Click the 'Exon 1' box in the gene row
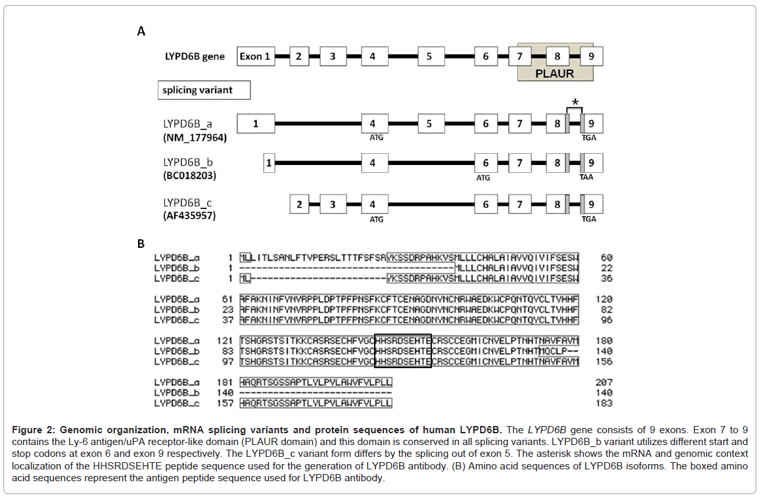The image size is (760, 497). pyautogui.click(x=255, y=57)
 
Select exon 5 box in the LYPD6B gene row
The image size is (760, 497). pyautogui.click(x=429, y=57)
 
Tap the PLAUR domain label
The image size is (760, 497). pyautogui.click(x=556, y=74)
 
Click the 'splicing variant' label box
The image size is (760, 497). pyautogui.click(x=204, y=90)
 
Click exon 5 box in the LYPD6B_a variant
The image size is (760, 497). pyautogui.click(x=429, y=124)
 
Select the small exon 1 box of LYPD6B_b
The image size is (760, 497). pyautogui.click(x=269, y=163)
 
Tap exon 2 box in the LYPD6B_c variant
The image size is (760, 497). pyautogui.click(x=299, y=204)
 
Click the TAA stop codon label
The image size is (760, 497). pyautogui.click(x=589, y=177)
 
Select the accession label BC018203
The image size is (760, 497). pyautogui.click(x=190, y=176)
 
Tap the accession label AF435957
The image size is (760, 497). pyautogui.click(x=189, y=215)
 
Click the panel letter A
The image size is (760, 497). pyautogui.click(x=141, y=31)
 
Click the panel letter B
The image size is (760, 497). pyautogui.click(x=141, y=244)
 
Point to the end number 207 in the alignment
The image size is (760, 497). pyautogui.click(x=604, y=382)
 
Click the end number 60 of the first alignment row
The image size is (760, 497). pyautogui.click(x=606, y=258)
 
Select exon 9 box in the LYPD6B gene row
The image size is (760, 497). pyautogui.click(x=592, y=57)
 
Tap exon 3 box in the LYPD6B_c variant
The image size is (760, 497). pyautogui.click(x=333, y=204)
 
